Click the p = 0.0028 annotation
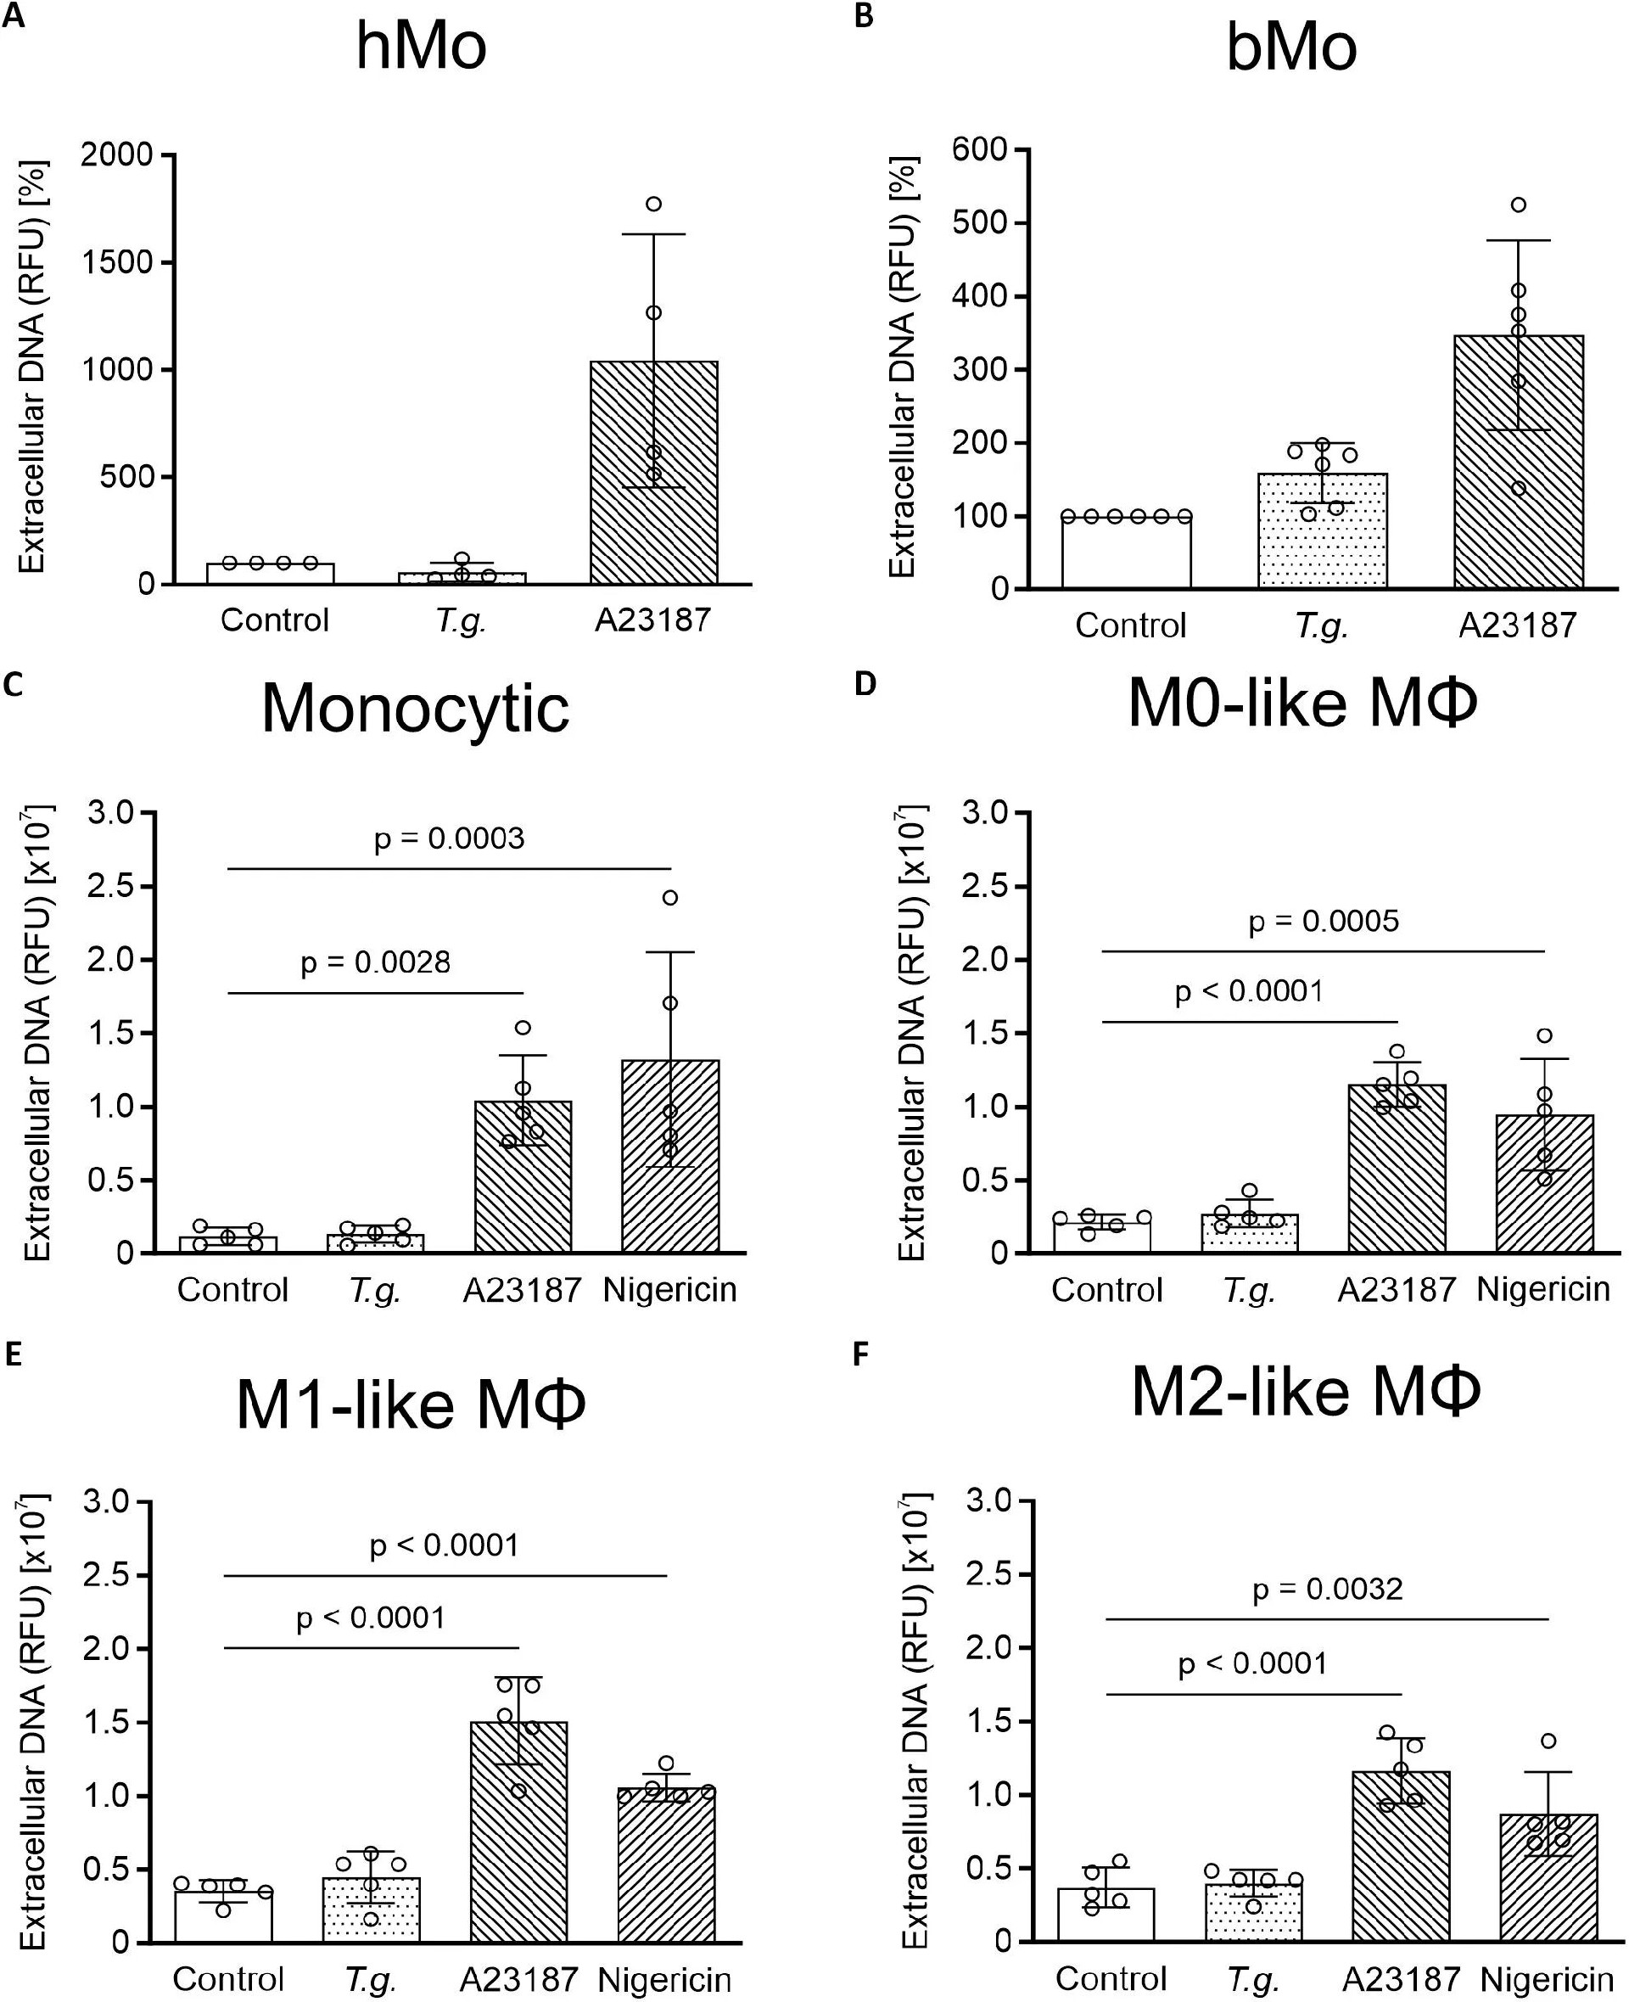pos(375,963)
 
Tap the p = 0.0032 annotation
pos(1328,1589)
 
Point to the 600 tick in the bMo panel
pos(980,149)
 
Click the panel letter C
pos(13,684)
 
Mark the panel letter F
pos(862,1356)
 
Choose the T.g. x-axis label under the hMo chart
pos(462,620)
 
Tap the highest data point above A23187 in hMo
pos(654,204)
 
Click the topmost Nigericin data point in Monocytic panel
pos(670,897)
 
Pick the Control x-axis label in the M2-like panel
pos(1111,1979)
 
